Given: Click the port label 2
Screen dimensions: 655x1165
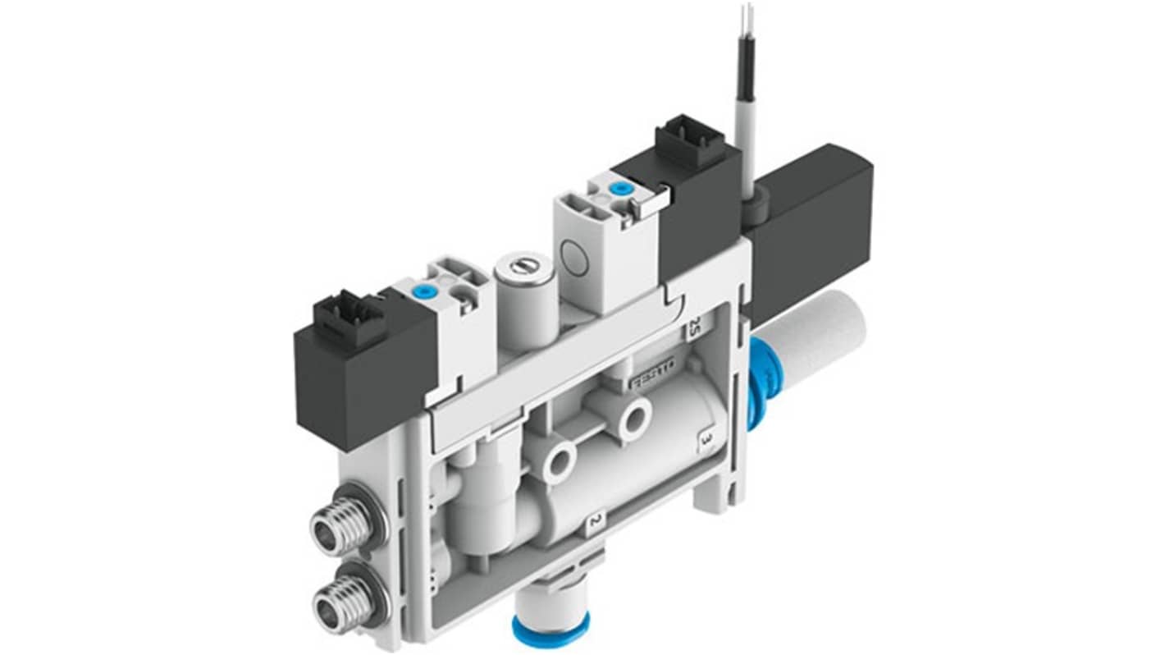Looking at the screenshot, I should [596, 520].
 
